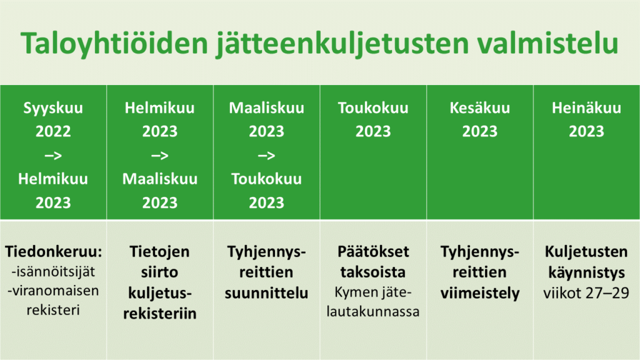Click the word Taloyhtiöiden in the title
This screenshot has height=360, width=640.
point(114,43)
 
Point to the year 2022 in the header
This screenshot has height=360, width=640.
point(53,131)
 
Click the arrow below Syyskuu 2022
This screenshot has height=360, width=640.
point(53,156)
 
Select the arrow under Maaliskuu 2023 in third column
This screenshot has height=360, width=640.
point(266,156)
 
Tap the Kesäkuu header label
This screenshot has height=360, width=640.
point(479,107)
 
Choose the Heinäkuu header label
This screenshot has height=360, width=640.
point(586,107)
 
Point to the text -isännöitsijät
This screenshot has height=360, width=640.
point(53,271)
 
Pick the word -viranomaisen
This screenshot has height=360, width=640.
point(53,291)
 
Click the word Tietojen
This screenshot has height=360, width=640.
point(159,252)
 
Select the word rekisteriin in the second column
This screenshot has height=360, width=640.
point(159,313)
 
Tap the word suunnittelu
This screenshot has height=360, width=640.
point(266,293)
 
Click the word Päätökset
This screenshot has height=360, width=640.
point(373,251)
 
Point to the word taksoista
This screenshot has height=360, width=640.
point(373,272)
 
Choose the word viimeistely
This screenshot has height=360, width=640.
point(479,294)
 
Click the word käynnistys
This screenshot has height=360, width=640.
point(586,273)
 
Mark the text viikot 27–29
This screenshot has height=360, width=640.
point(586,293)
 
